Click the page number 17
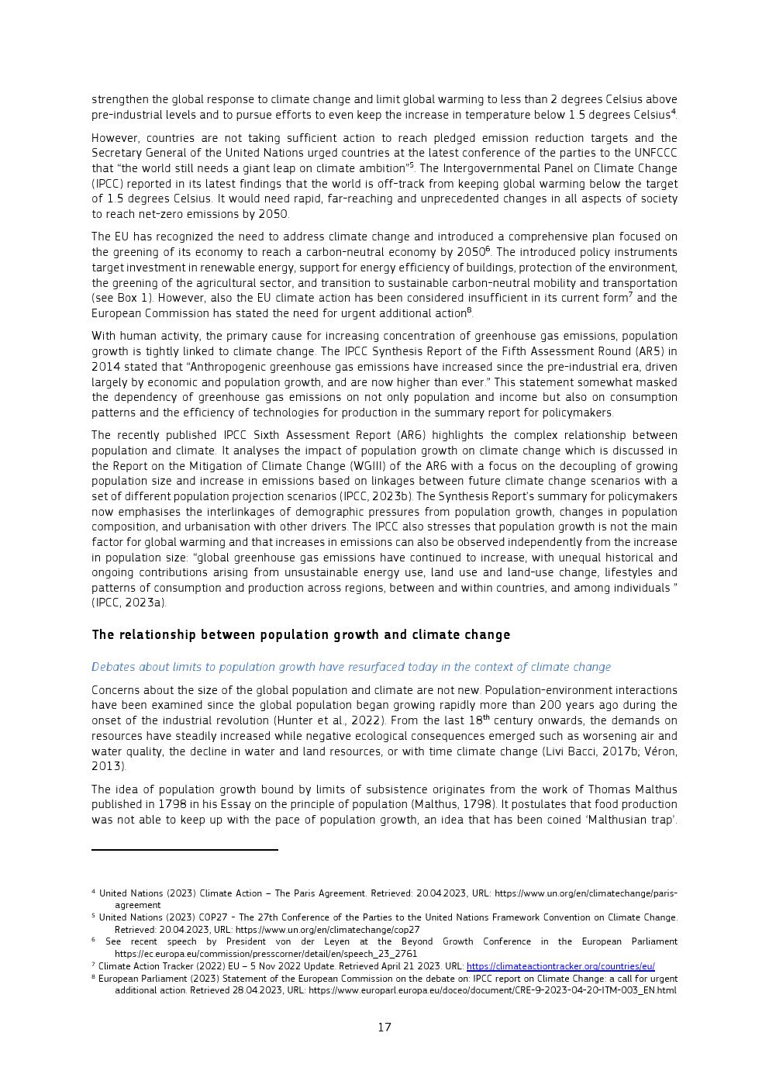click(x=384, y=1028)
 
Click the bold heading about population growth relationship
click(x=301, y=635)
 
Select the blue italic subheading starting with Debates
click(x=350, y=667)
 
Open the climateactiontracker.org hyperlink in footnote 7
click(x=560, y=966)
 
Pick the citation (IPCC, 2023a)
click(x=129, y=603)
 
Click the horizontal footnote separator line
click(x=184, y=850)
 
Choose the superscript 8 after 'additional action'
click(x=469, y=311)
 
